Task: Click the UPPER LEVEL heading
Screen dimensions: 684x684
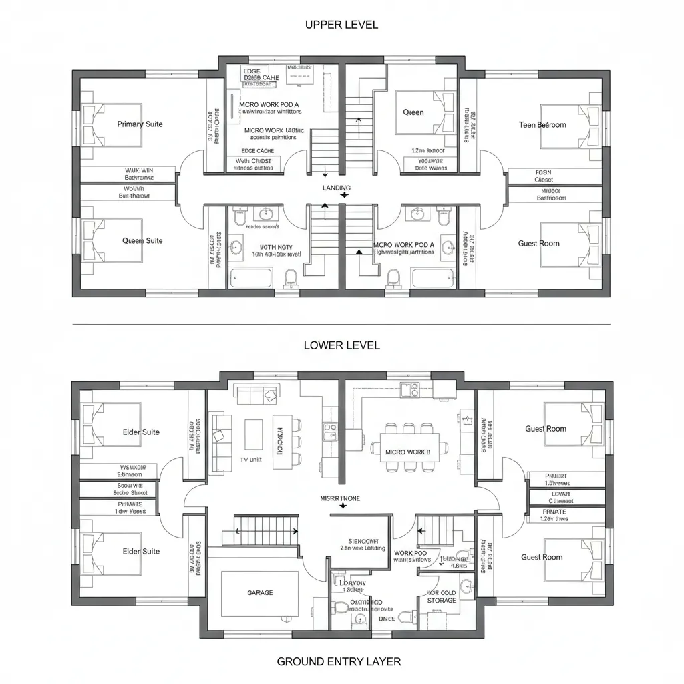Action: (341, 25)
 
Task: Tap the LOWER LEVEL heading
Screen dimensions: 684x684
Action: (341, 345)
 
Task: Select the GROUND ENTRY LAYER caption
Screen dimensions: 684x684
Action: (339, 661)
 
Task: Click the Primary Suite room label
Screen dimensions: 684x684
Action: (140, 124)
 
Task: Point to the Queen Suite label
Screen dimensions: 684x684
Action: (142, 240)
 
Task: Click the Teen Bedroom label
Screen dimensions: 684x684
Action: (542, 125)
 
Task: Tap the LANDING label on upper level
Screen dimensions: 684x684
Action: (336, 188)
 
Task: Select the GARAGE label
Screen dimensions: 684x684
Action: (260, 592)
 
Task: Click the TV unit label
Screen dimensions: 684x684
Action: (252, 461)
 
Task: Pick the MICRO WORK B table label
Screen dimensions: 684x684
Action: (408, 452)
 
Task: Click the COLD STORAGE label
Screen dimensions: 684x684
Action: (442, 596)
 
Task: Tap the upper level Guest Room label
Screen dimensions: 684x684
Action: (538, 244)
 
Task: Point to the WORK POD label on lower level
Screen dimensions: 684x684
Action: (410, 553)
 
